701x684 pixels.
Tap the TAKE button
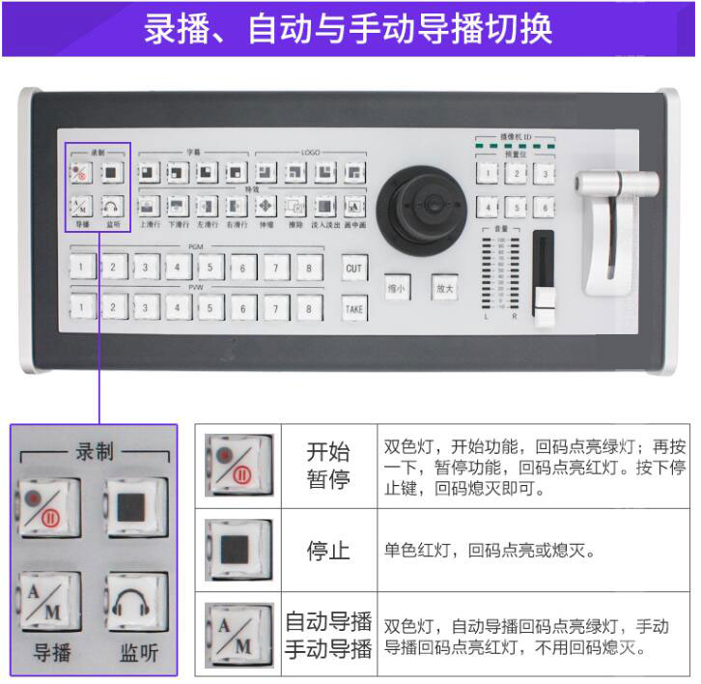354,308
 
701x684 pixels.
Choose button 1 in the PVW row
84,308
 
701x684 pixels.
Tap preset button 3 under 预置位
547,174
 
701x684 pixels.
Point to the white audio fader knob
546,315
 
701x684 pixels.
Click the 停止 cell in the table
328,552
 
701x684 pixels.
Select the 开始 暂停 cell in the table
328,466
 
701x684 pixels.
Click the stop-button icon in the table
238,550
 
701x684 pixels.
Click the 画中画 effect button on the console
354,206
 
